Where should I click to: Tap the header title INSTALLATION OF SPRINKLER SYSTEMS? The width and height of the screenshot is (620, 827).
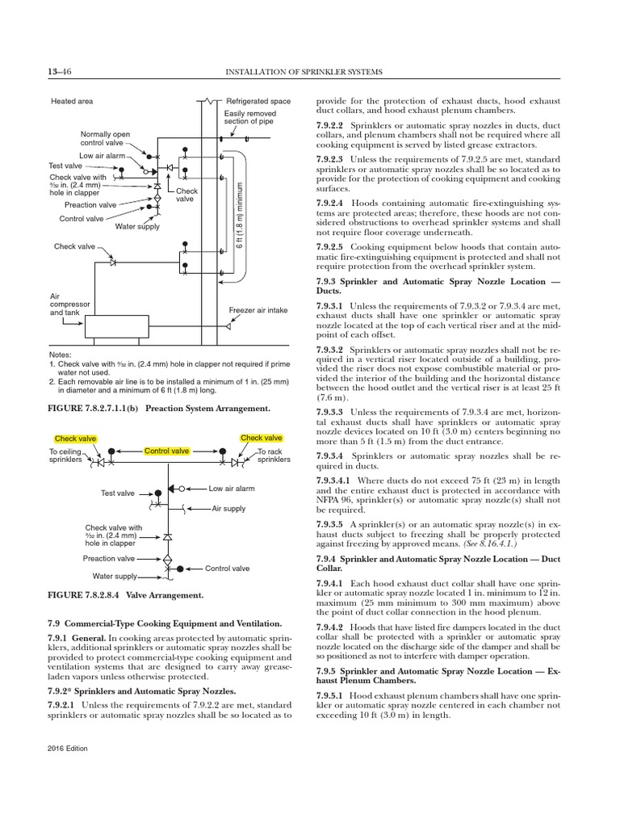[305, 73]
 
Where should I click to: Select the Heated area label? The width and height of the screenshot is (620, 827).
[72, 102]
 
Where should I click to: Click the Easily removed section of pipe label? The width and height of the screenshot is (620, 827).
[250, 120]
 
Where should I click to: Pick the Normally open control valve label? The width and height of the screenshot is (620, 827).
[103, 138]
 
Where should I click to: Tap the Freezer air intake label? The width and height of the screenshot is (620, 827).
[259, 311]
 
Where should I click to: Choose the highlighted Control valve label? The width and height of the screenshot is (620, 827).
[167, 451]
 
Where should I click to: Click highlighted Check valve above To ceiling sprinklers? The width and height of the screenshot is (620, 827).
[76, 439]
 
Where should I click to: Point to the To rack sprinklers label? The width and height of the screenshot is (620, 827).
[270, 455]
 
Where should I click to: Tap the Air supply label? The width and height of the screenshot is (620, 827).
[228, 509]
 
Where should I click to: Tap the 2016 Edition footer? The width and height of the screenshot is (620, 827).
[68, 749]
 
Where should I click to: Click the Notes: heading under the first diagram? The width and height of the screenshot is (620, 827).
[61, 355]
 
